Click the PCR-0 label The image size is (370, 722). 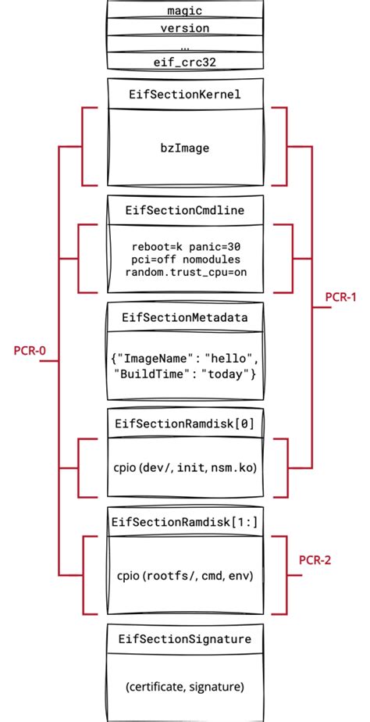click(30, 350)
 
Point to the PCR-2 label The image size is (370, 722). click(316, 560)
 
